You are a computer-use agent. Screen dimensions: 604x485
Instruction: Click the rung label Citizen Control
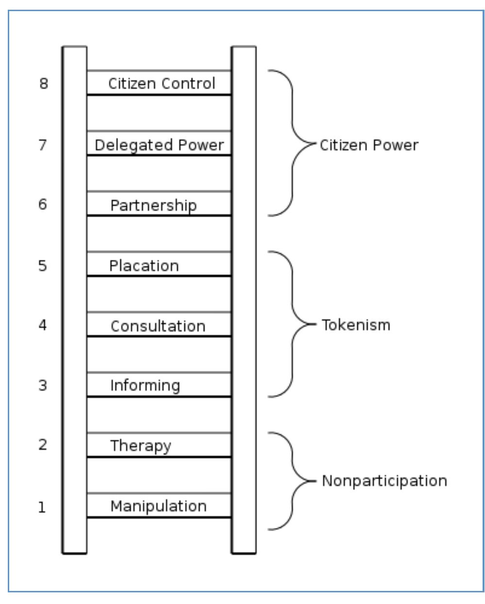pyautogui.click(x=161, y=83)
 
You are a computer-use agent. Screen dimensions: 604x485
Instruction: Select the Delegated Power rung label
pyautogui.click(x=159, y=145)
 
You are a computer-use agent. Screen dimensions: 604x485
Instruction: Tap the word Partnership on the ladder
pyautogui.click(x=153, y=205)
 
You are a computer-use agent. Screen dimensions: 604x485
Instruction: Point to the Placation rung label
pyautogui.click(x=144, y=266)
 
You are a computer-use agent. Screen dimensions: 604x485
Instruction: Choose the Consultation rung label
pyautogui.click(x=158, y=326)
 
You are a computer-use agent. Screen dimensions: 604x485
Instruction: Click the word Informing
pyautogui.click(x=145, y=385)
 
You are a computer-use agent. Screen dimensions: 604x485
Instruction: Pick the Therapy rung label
pyautogui.click(x=140, y=445)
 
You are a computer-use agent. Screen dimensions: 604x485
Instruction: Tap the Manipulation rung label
pyautogui.click(x=158, y=506)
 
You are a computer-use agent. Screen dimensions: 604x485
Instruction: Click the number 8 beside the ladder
pyautogui.click(x=44, y=84)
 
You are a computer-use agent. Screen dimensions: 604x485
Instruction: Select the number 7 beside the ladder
pyautogui.click(x=43, y=144)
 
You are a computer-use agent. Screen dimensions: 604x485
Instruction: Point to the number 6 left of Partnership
pyautogui.click(x=43, y=205)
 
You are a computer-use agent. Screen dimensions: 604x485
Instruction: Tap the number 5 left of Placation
pyautogui.click(x=43, y=266)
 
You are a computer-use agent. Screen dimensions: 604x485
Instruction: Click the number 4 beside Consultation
pyautogui.click(x=43, y=325)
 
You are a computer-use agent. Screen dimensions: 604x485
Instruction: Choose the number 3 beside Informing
pyautogui.click(x=43, y=385)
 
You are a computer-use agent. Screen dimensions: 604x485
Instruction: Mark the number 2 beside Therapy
pyautogui.click(x=43, y=445)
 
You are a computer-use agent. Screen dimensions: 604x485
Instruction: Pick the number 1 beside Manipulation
pyautogui.click(x=42, y=508)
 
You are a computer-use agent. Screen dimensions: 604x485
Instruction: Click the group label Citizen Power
pyautogui.click(x=368, y=145)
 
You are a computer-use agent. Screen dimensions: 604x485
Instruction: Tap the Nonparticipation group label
pyautogui.click(x=384, y=481)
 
